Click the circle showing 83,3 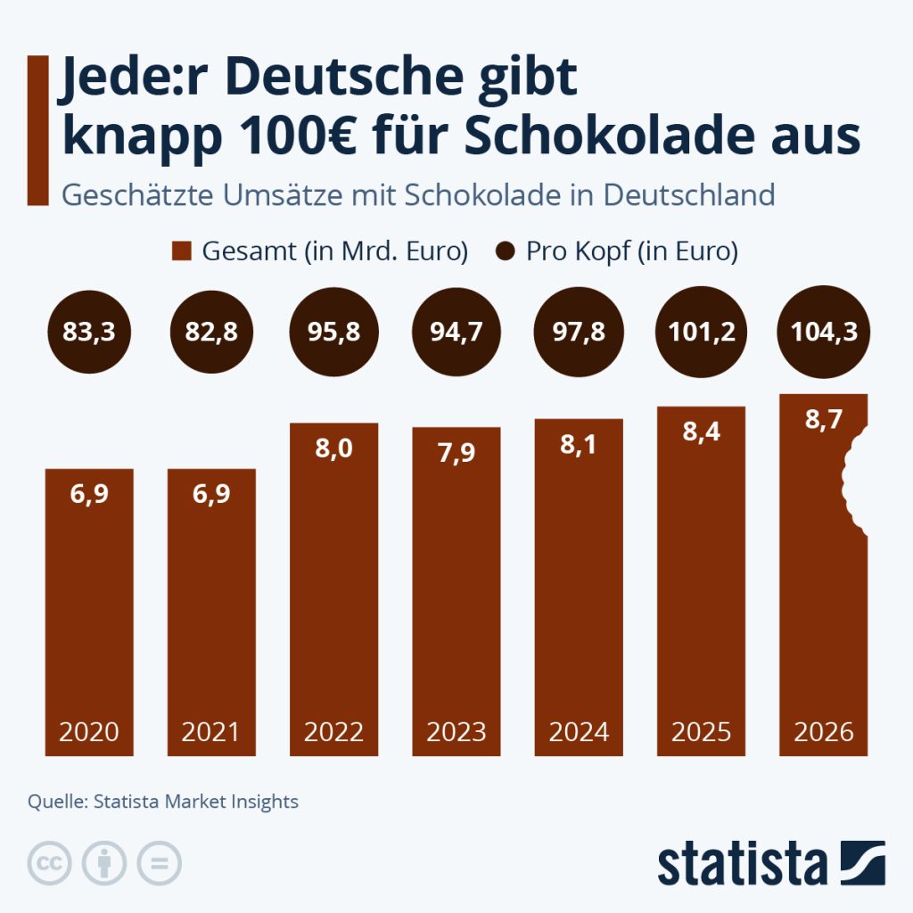[x=89, y=333]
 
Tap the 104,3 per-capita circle [x=823, y=333]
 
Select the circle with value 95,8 [x=334, y=333]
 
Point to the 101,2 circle [x=701, y=333]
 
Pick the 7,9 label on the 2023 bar [x=456, y=453]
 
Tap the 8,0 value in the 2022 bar [x=334, y=448]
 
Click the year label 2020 [x=89, y=732]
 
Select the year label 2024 [x=579, y=732]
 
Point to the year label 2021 [x=211, y=732]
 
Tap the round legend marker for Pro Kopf [x=506, y=251]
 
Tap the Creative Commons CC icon [x=51, y=863]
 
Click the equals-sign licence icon [x=159, y=863]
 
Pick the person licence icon [x=104, y=863]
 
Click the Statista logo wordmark [x=743, y=863]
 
